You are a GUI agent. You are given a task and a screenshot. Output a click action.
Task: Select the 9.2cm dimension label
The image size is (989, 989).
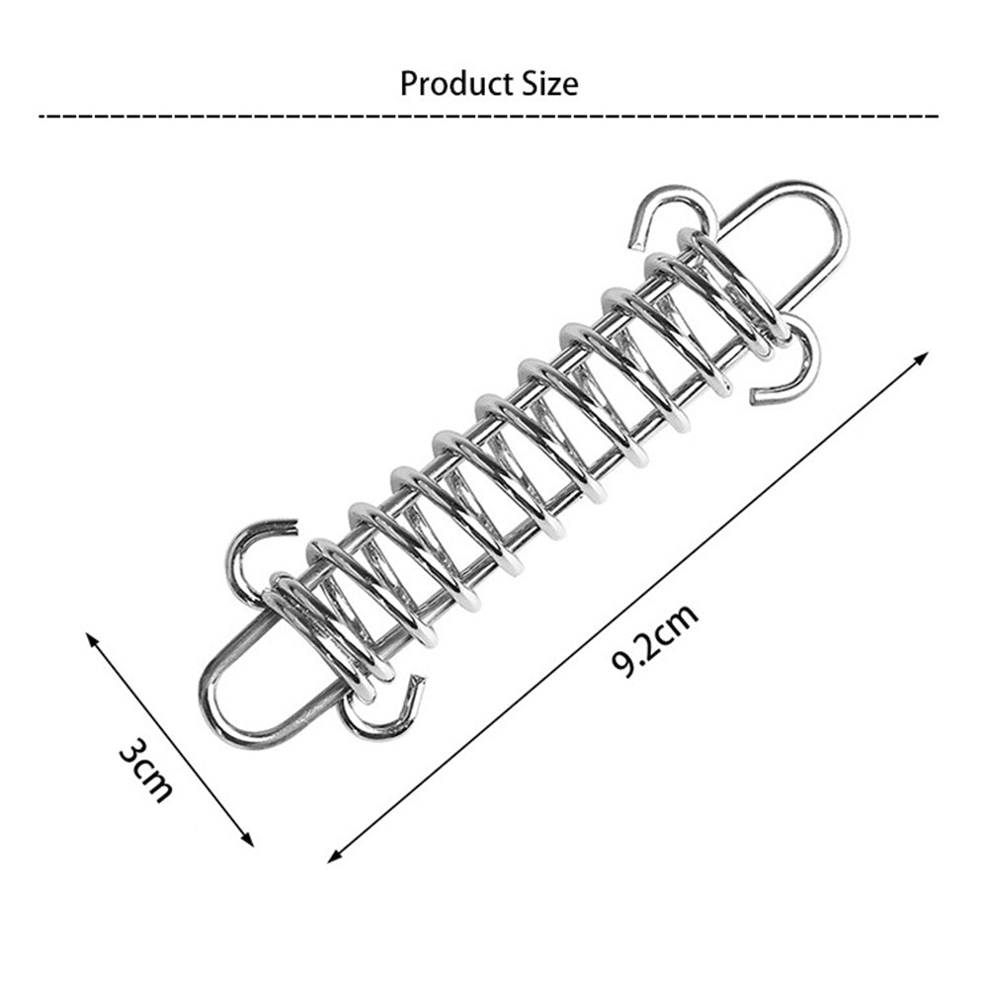(x=656, y=639)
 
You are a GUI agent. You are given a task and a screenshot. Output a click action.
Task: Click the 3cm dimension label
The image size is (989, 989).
(x=146, y=770)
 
